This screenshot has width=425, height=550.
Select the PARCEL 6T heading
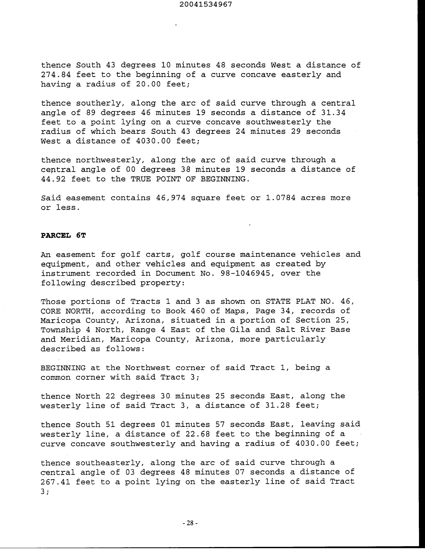click(63, 235)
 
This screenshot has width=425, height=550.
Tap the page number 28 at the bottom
click(190, 523)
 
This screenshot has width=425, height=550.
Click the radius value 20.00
click(148, 84)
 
